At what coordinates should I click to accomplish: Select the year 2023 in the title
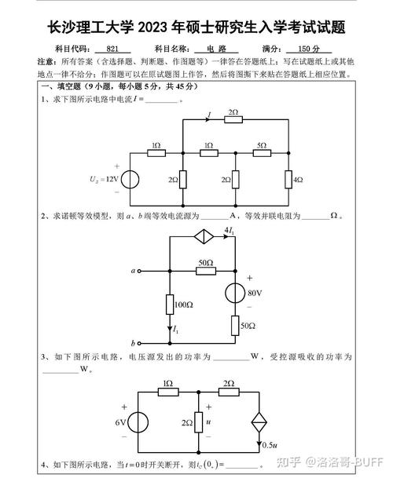pos(161,29)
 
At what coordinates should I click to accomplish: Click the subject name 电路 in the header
pos(216,49)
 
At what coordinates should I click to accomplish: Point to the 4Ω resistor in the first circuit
pos(288,179)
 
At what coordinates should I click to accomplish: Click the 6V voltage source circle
pos(138,423)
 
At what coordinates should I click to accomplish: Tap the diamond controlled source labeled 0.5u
pos(259,423)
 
